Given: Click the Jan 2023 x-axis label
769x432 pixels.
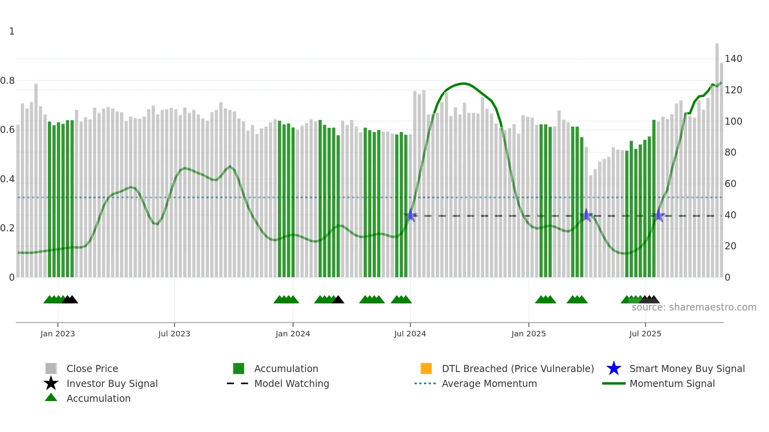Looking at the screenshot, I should point(57,334).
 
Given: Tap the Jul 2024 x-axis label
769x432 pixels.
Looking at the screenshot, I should point(410,334).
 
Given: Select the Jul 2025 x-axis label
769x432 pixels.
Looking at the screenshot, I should point(645,334).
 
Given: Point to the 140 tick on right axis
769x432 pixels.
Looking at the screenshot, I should point(733,59).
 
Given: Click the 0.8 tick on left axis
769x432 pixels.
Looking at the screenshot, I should point(7,81).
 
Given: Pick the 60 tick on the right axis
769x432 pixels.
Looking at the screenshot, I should point(730,183).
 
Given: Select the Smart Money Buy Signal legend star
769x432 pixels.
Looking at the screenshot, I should point(614,368).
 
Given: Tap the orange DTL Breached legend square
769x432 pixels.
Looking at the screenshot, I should point(426,368).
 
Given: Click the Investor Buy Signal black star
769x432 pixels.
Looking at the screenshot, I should point(51,383).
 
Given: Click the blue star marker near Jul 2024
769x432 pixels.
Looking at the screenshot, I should point(410,215).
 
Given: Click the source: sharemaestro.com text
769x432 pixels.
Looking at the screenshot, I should point(694,307).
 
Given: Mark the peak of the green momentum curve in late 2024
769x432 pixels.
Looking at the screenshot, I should point(464,83).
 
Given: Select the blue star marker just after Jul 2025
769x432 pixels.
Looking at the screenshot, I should point(658,216).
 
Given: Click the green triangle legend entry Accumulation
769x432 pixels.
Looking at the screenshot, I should point(51,398).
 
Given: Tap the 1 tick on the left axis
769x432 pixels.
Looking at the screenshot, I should point(12,31).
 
